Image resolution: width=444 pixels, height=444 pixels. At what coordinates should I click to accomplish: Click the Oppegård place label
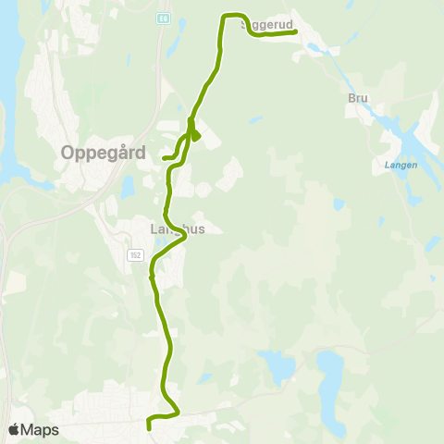(103, 153)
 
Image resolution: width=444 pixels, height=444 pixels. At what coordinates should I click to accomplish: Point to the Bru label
(357, 98)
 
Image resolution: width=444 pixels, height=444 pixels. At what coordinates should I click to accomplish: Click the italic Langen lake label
(400, 165)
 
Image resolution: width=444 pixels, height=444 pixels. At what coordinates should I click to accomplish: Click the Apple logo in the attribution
(14, 429)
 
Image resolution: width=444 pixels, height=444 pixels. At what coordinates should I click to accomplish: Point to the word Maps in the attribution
(40, 429)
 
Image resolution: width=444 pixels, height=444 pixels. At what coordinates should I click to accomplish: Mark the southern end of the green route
(149, 428)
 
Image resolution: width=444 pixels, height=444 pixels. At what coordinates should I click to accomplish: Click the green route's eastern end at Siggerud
(294, 32)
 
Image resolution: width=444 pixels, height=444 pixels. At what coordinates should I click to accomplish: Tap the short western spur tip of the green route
(164, 158)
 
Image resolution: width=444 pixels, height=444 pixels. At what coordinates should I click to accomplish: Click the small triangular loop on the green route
(194, 135)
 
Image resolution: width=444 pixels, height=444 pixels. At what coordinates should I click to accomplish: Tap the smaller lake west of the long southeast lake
(277, 364)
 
